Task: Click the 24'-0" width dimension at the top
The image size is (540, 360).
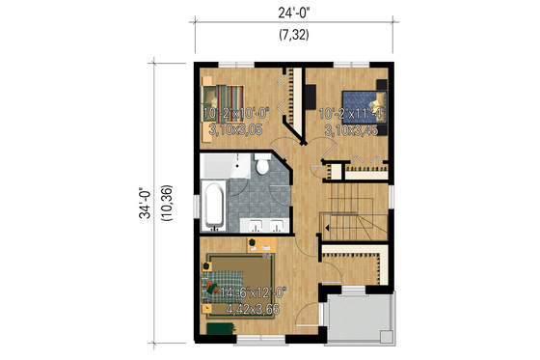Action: click(295, 14)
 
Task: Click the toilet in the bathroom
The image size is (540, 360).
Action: click(262, 169)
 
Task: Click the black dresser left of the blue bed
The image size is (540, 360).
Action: click(310, 97)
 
